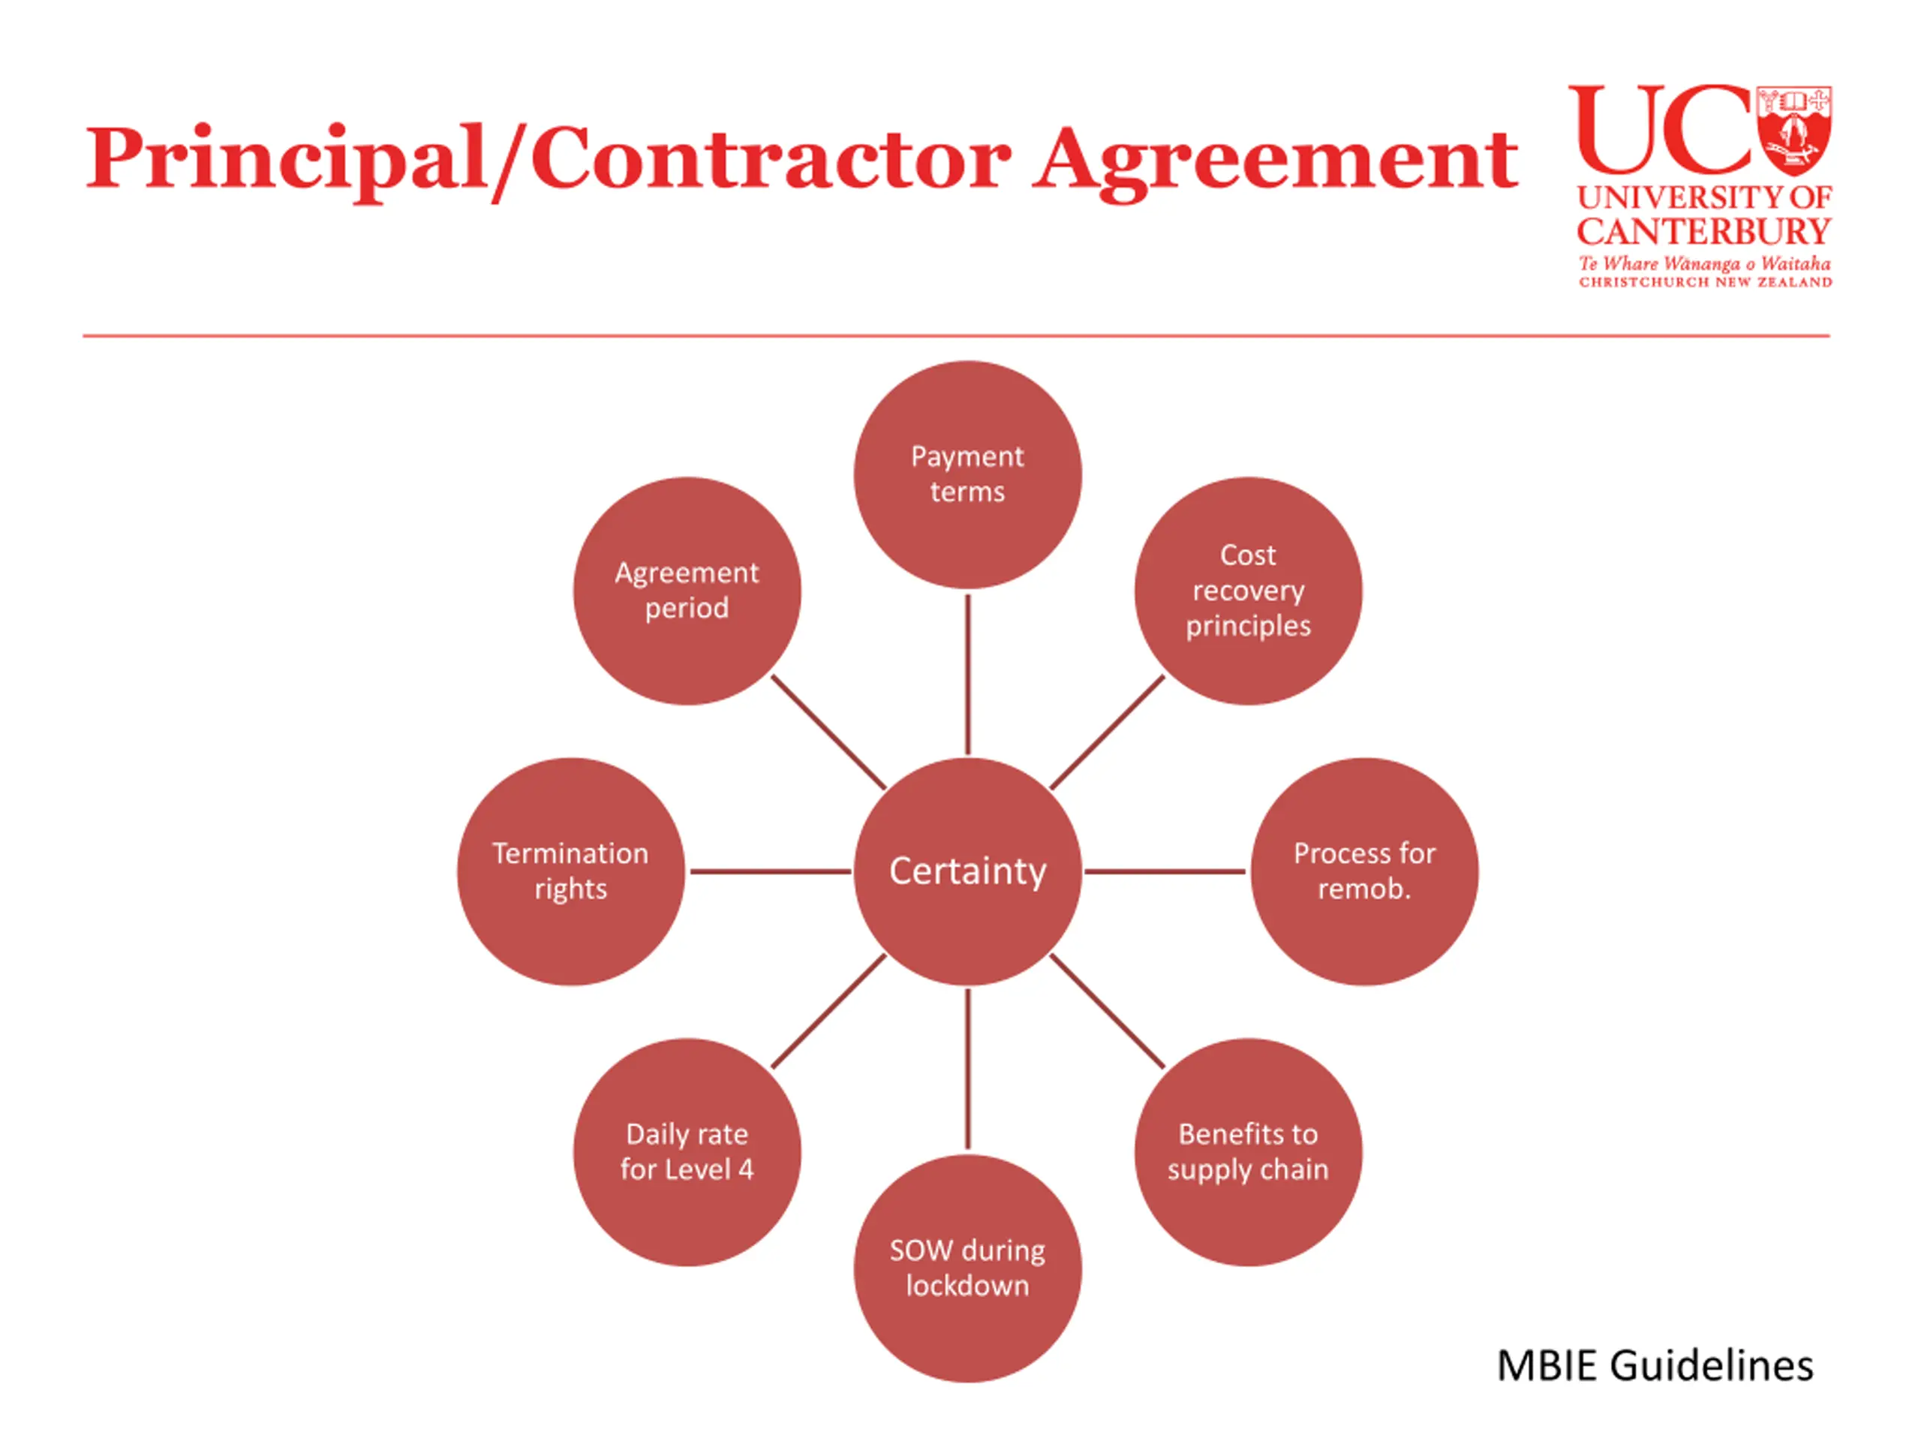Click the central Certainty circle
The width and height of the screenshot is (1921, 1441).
[x=967, y=871]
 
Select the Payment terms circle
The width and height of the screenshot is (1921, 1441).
[x=967, y=474]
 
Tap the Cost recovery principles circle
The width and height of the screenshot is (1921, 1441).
[x=1248, y=591]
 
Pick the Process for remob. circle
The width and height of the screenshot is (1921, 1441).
[x=1364, y=871]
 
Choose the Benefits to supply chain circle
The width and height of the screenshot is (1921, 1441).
[x=1248, y=1152]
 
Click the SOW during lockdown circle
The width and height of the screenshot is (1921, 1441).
[x=967, y=1268]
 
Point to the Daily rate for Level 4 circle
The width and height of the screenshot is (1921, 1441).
[x=687, y=1152]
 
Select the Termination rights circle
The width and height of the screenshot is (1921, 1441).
[x=570, y=871]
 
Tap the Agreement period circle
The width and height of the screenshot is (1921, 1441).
[x=687, y=591]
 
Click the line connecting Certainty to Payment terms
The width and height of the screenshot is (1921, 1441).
[x=967, y=674]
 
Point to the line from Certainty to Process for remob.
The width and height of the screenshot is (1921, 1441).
[x=1165, y=871]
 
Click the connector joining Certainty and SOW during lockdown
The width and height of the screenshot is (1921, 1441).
[x=967, y=1069]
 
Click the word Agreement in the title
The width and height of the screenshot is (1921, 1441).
[x=1275, y=161]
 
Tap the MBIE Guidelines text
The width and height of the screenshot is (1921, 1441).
[x=1655, y=1366]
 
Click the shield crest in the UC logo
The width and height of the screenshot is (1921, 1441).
[x=1794, y=131]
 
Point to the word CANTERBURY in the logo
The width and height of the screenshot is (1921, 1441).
[x=1704, y=232]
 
